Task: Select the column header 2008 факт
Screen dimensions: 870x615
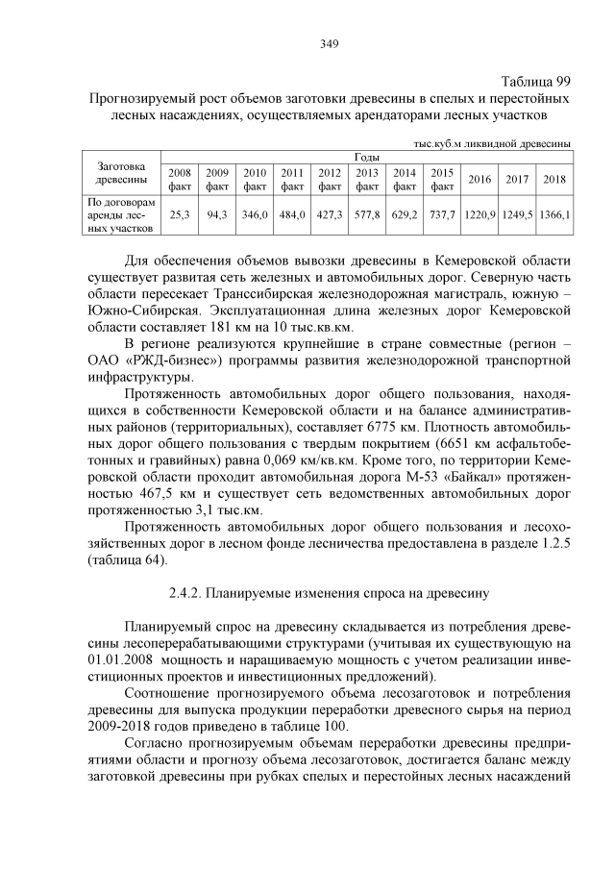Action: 180,179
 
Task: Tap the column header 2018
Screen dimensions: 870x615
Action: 553,179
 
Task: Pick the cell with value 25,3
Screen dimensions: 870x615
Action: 180,216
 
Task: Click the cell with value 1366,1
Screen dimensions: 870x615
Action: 553,216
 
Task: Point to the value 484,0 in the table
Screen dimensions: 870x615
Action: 292,216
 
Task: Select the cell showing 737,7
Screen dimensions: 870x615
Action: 442,216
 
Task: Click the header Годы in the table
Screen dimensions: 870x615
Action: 366,157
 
